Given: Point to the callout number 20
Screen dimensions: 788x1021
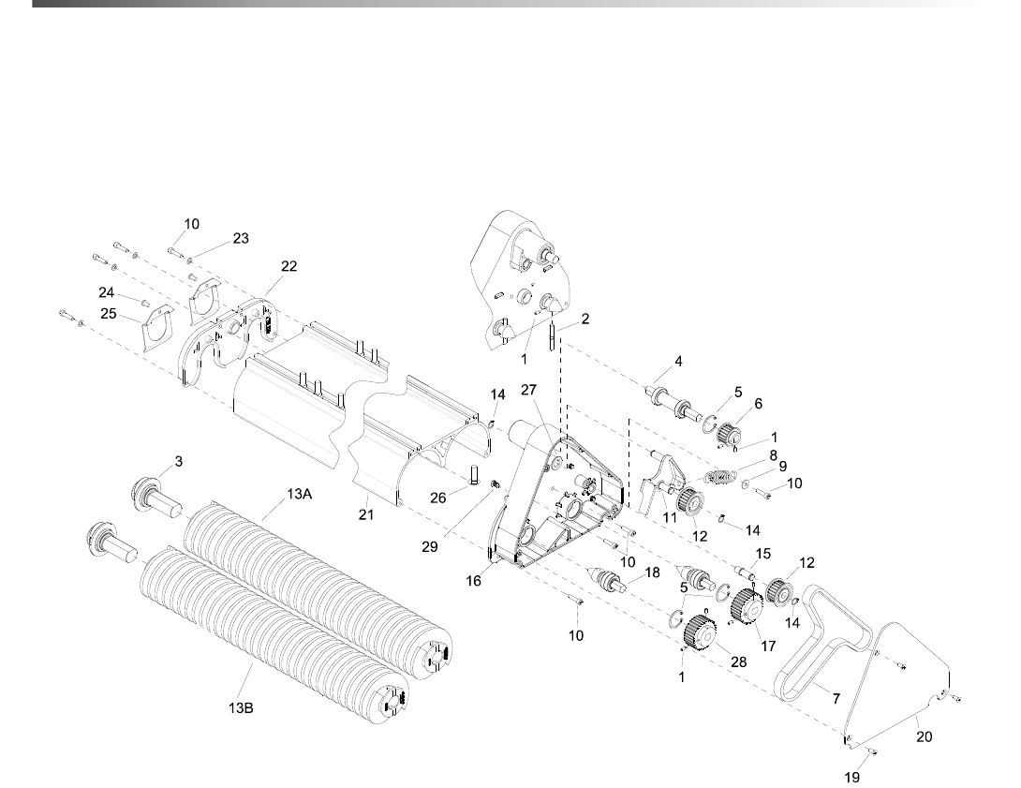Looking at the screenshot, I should tap(924, 736).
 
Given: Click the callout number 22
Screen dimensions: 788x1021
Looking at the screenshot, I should tap(289, 266).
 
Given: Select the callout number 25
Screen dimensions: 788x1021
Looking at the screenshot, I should tap(110, 314).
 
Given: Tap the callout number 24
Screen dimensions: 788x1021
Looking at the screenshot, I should tap(107, 292).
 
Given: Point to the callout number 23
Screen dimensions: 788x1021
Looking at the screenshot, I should tap(241, 239).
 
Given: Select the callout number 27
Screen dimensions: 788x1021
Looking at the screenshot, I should tap(528, 389).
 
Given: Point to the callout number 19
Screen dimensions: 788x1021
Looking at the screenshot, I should tap(851, 777).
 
